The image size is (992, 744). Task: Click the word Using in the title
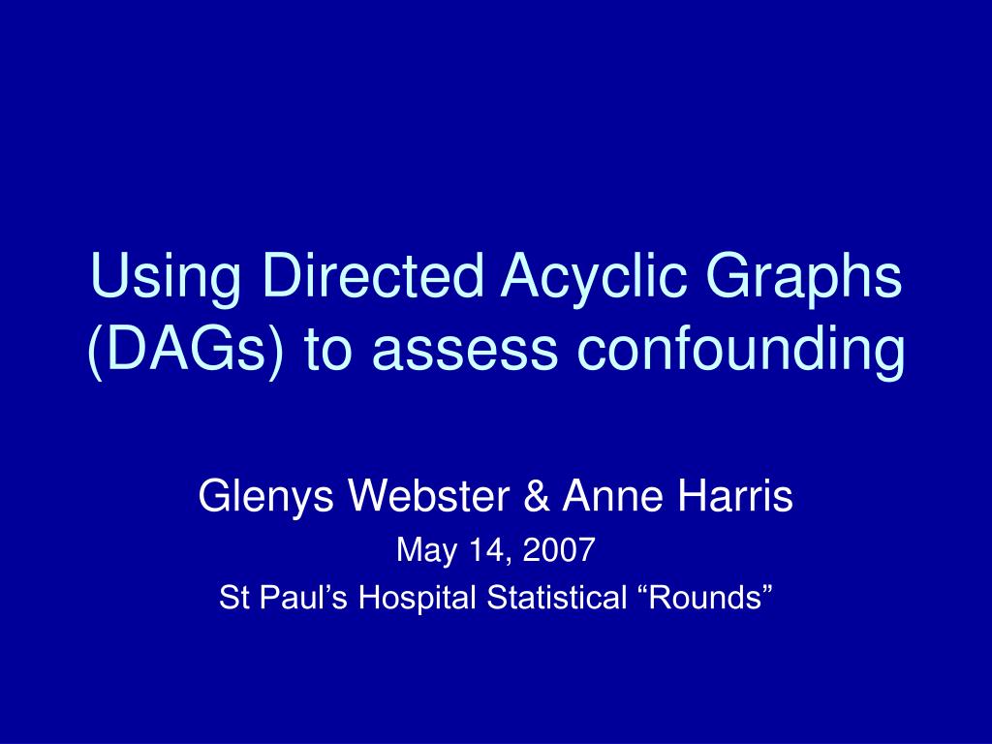159,279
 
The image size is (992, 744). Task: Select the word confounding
738,351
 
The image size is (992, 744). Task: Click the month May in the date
419,552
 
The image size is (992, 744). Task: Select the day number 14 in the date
478,551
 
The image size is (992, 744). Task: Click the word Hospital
418,599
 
